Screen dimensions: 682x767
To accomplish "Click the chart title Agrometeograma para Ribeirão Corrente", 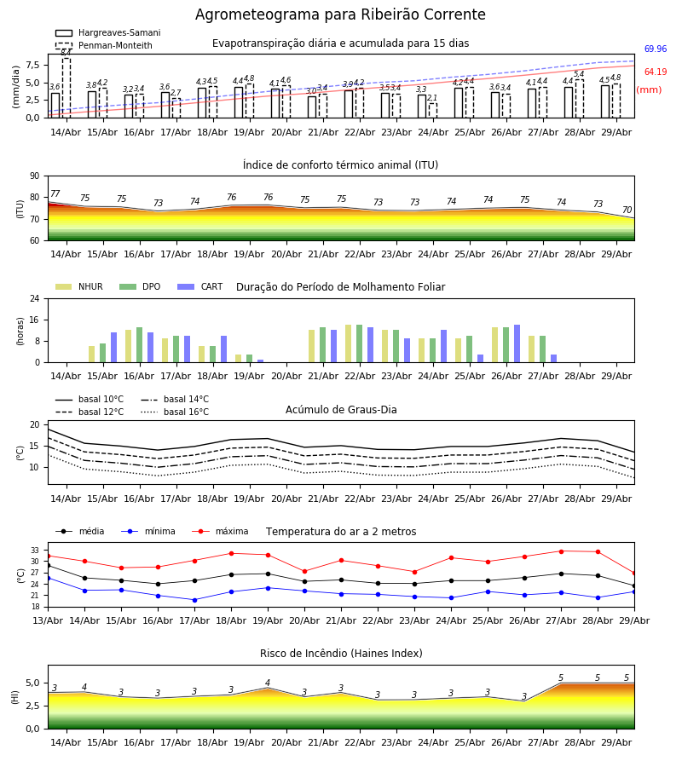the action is click(x=340, y=14).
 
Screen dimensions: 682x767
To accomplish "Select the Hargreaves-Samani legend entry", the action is click(x=108, y=32).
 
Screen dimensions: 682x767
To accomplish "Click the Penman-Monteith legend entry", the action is click(x=104, y=45).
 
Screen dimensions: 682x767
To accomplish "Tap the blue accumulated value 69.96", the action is click(x=656, y=49).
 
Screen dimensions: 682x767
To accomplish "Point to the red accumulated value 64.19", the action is click(x=656, y=72).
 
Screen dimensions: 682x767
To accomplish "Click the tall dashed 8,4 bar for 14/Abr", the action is click(x=66, y=88).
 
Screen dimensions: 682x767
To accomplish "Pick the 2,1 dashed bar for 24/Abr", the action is click(x=433, y=111).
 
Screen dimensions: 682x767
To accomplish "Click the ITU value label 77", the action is click(x=55, y=193).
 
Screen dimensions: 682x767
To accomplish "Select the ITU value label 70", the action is click(x=627, y=210).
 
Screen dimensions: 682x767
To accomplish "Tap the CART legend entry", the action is click(x=200, y=286).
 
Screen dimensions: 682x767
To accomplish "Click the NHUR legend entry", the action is click(x=79, y=286).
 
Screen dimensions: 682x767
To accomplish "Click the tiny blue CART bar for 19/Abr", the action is click(x=260, y=361).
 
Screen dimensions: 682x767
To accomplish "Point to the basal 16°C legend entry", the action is click(x=175, y=412).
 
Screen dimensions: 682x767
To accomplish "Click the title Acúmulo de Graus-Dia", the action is click(x=341, y=410).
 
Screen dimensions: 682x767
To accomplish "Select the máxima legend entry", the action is click(x=220, y=531).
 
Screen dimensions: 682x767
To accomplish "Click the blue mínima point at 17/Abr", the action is click(x=194, y=600).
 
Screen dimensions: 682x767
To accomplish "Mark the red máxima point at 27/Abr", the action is click(x=561, y=551).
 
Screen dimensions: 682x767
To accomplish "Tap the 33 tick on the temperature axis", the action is click(x=35, y=551).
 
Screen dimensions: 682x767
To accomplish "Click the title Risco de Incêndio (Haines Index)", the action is click(x=341, y=654).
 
